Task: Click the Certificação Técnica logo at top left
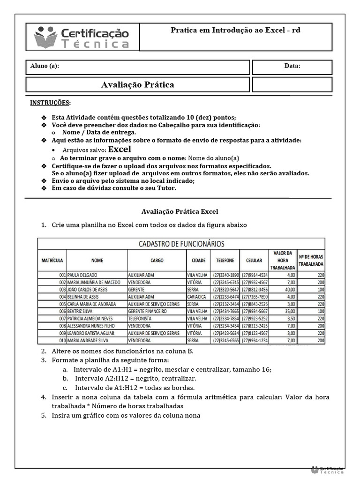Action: pyautogui.click(x=82, y=37)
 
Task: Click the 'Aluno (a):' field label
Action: pyautogui.click(x=45, y=66)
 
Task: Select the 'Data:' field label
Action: pyautogui.click(x=292, y=66)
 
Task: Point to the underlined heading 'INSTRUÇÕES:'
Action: pyautogui.click(x=51, y=103)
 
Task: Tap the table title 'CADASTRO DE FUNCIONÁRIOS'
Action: pyautogui.click(x=180, y=244)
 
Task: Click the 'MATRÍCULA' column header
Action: pyautogui.click(x=52, y=260)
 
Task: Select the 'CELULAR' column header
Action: pyautogui.click(x=254, y=260)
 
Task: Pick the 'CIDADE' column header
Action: pyautogui.click(x=198, y=260)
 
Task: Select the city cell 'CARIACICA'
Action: pyautogui.click(x=196, y=297)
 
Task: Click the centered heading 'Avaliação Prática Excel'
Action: pyautogui.click(x=180, y=211)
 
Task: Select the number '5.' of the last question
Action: pyautogui.click(x=43, y=415)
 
